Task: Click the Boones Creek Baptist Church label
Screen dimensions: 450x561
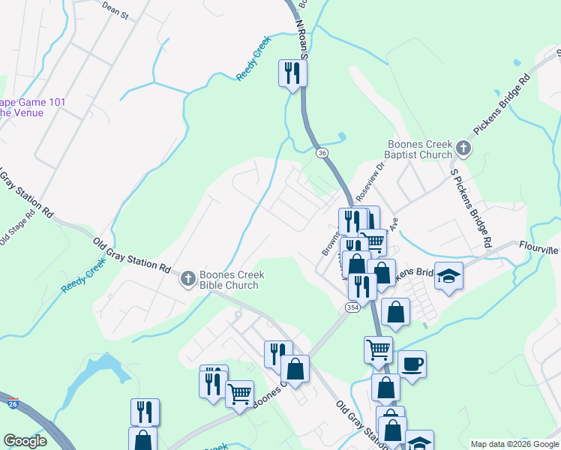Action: (417, 150)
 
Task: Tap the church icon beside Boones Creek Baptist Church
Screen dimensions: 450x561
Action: (463, 148)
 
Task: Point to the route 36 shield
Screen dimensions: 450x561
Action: (322, 153)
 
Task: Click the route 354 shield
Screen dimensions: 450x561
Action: (352, 308)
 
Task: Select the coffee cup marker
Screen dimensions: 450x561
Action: (412, 365)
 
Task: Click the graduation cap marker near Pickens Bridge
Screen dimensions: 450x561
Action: (448, 277)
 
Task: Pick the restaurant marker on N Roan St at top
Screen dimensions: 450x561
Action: (292, 73)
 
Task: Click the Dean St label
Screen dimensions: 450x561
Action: (115, 13)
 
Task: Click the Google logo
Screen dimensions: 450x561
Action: (25, 441)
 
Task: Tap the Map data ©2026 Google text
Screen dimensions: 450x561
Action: (514, 444)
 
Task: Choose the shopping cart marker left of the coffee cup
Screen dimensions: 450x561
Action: (378, 349)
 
